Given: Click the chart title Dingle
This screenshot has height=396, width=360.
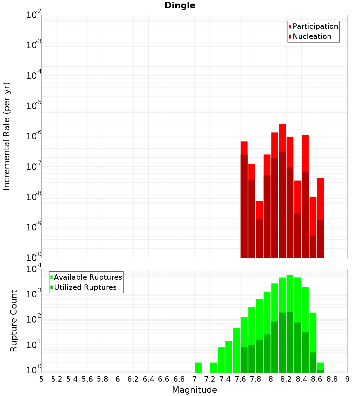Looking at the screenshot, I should [x=180, y=6].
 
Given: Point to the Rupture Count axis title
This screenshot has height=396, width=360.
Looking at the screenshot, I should [x=14, y=321].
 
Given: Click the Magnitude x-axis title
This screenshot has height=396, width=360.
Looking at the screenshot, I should [x=194, y=390].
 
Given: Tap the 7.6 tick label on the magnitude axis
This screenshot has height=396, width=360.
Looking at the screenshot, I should [x=240, y=379].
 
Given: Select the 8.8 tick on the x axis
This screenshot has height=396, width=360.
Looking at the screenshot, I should [x=332, y=379].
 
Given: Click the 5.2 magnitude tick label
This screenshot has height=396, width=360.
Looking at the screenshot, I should [x=57, y=379].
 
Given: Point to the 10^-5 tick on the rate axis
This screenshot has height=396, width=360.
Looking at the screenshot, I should [x=34, y=106].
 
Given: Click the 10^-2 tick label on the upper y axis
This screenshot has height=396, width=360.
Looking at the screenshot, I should [x=34, y=15].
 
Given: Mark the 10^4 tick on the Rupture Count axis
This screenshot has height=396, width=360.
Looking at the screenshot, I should [x=34, y=269].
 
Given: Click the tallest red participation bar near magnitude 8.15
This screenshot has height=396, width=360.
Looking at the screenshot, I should [x=282, y=137].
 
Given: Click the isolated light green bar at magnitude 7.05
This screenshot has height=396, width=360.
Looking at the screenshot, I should [x=198, y=368].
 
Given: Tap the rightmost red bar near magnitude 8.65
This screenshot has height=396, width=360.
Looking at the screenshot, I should [x=321, y=198].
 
